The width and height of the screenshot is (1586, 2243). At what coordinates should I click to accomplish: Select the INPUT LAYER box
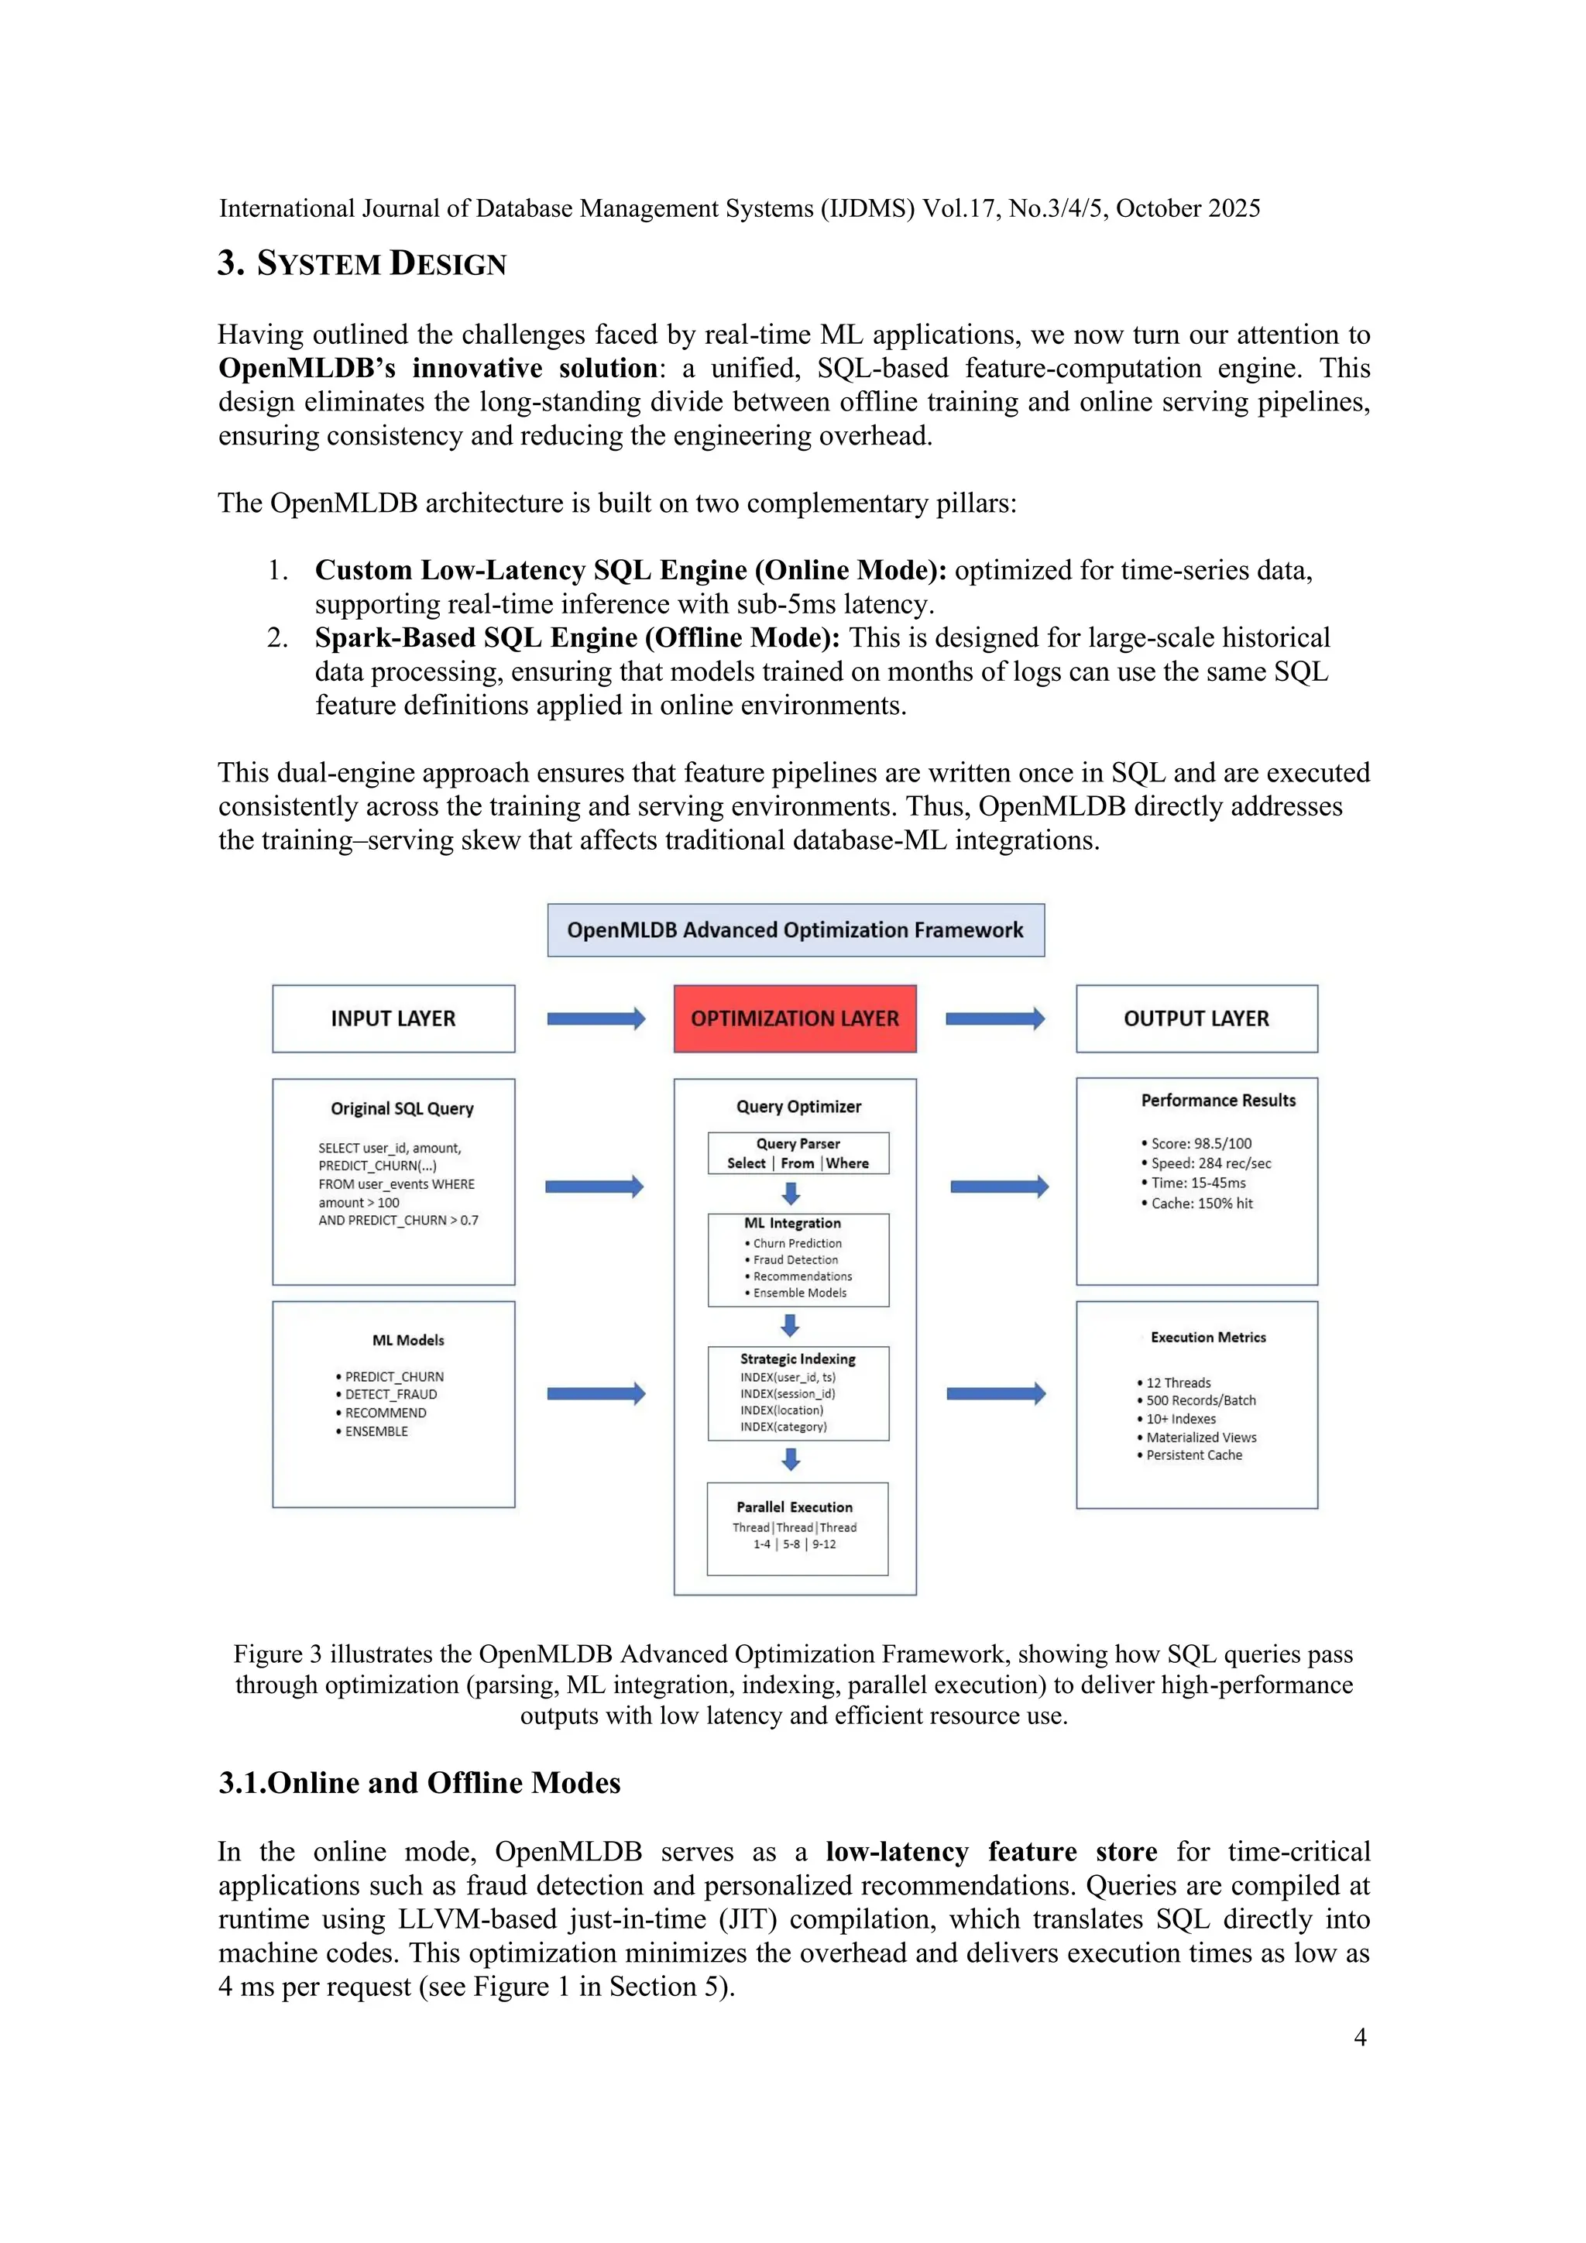(x=393, y=1018)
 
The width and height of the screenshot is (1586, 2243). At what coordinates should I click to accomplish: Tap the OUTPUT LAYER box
(x=1196, y=1018)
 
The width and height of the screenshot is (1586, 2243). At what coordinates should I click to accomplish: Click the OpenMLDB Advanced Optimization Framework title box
(x=795, y=930)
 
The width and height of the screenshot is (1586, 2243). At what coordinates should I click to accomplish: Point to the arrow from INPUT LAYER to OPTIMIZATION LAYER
(x=596, y=1019)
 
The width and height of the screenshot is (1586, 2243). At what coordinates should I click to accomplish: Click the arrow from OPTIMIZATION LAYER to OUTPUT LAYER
(x=995, y=1019)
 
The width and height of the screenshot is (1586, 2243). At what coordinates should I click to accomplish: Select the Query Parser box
(x=798, y=1152)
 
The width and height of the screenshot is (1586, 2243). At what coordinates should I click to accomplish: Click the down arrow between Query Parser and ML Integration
(x=791, y=1193)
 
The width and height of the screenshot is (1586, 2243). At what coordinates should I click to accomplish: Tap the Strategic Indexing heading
(x=797, y=1359)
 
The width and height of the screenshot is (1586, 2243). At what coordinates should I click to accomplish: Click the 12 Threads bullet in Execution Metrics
(x=1178, y=1383)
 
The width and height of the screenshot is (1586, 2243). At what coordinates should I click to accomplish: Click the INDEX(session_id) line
(x=787, y=1394)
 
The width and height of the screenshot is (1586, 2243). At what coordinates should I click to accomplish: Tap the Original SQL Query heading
(x=401, y=1109)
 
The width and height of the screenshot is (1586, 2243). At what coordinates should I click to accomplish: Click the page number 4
(x=1359, y=2037)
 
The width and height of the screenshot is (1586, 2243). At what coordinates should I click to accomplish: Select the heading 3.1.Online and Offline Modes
(x=419, y=1783)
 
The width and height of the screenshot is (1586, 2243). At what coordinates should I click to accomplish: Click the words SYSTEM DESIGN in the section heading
(x=381, y=264)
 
